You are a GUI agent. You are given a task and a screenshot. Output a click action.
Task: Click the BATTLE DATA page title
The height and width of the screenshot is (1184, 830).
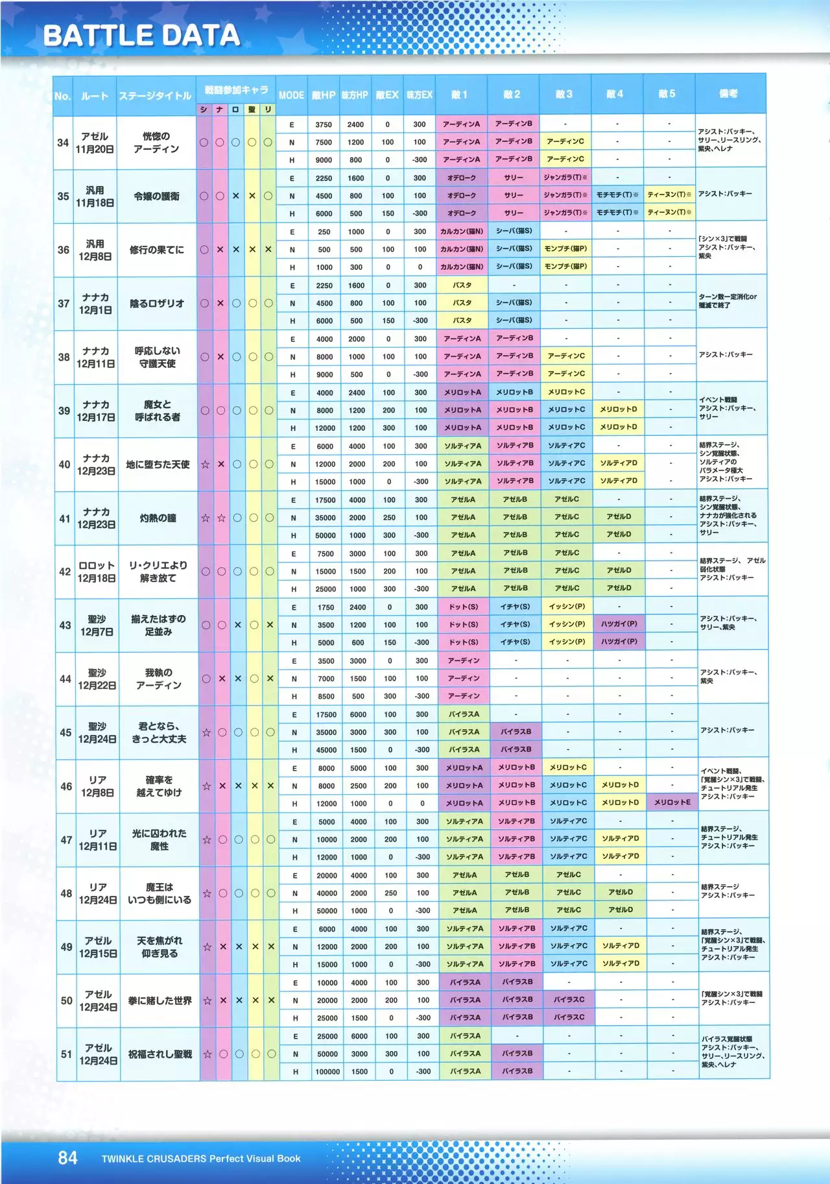pyautogui.click(x=141, y=36)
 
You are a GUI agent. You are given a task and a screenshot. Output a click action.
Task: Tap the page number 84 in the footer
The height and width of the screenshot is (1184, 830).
pyautogui.click(x=68, y=1158)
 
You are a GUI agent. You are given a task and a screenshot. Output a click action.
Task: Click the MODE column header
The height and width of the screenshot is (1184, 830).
pyautogui.click(x=291, y=95)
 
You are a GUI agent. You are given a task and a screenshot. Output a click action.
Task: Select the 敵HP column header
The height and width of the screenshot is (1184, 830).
pyautogui.click(x=324, y=95)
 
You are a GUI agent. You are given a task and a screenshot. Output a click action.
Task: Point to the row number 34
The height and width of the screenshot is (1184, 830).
pyautogui.click(x=63, y=142)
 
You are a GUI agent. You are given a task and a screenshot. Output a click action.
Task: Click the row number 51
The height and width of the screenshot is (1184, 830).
pyautogui.click(x=67, y=1054)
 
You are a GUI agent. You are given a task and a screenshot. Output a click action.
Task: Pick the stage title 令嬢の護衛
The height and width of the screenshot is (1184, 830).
pyautogui.click(x=156, y=196)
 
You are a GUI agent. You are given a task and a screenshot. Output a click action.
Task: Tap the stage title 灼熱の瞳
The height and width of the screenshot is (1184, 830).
pyautogui.click(x=158, y=518)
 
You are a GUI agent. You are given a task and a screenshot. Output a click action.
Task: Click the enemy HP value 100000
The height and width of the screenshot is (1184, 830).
pyautogui.click(x=327, y=1072)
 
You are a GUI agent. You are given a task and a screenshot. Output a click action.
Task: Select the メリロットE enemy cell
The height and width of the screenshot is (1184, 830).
pyautogui.click(x=672, y=803)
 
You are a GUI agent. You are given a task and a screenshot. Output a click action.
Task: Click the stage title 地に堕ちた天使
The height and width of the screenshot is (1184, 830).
pyautogui.click(x=158, y=465)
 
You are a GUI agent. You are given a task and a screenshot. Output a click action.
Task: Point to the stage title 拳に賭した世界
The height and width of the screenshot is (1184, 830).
pyautogui.click(x=160, y=1001)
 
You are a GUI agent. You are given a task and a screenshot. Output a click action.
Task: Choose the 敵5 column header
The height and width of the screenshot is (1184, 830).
pyautogui.click(x=667, y=94)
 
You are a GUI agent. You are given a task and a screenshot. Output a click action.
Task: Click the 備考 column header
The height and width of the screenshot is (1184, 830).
pyautogui.click(x=729, y=94)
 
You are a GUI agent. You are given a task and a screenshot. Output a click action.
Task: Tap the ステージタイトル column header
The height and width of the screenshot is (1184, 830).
pyautogui.click(x=156, y=96)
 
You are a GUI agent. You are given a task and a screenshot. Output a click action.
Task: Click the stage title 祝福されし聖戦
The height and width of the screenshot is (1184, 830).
pyautogui.click(x=160, y=1054)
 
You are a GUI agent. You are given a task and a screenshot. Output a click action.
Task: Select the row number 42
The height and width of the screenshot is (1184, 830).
pyautogui.click(x=65, y=572)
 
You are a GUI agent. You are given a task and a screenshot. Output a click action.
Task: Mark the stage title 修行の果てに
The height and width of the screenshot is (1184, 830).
pyautogui.click(x=156, y=250)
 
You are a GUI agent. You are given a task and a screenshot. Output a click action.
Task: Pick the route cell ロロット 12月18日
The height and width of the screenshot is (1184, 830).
pyautogui.click(x=97, y=572)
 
